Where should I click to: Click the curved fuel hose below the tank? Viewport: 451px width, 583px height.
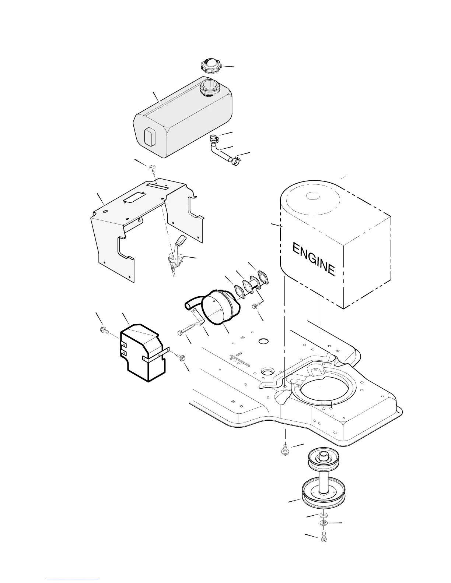[x=220, y=152]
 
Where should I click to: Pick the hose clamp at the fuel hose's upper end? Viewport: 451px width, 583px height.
[x=213, y=139]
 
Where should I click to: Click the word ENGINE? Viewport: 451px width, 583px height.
[x=314, y=259]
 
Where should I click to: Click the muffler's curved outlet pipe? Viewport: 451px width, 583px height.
[x=192, y=304]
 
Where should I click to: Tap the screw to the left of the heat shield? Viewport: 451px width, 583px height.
[x=104, y=331]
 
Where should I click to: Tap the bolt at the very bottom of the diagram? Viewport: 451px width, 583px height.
[x=324, y=537]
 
